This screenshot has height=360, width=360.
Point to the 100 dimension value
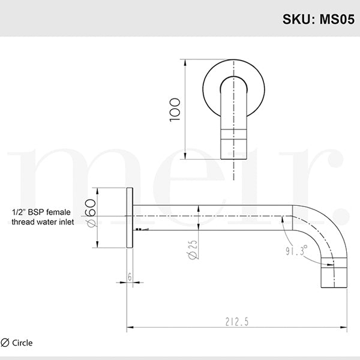[x=175, y=110]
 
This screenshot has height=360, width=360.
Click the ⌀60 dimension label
[x=90, y=213]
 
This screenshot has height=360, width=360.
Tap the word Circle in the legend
[x=22, y=343]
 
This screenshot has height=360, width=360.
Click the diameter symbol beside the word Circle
[x=5, y=343]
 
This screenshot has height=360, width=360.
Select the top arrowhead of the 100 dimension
[x=185, y=61]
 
